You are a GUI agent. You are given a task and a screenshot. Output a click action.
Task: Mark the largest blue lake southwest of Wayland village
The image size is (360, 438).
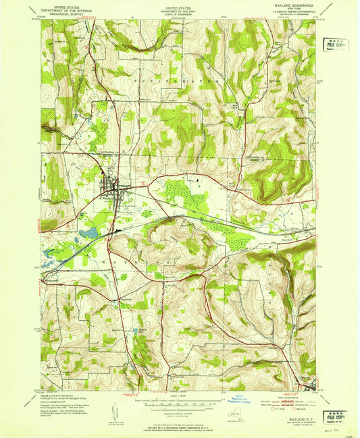[x=88, y=234]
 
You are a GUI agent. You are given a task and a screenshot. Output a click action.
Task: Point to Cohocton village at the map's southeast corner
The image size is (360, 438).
[x=309, y=385]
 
